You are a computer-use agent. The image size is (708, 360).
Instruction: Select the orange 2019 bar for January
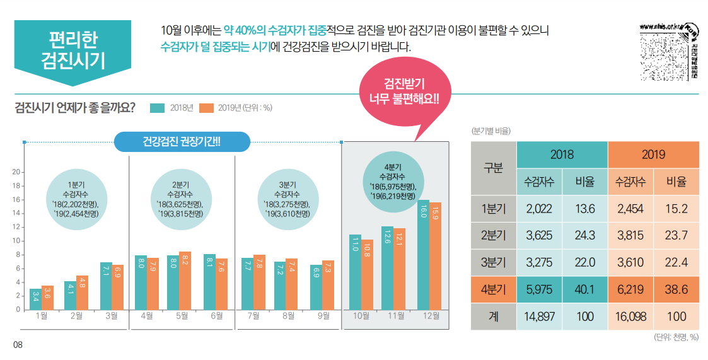[x=47, y=298]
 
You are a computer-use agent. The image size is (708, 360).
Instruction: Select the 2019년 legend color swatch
[x=206, y=107]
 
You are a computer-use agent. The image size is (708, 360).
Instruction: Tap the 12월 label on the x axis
[x=431, y=316]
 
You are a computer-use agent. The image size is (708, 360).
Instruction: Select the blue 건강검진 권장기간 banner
[x=182, y=142]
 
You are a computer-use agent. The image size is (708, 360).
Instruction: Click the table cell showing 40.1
[x=584, y=289]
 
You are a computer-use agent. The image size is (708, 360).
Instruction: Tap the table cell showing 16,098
[x=630, y=316]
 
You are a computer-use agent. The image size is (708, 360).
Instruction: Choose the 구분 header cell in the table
[x=494, y=168]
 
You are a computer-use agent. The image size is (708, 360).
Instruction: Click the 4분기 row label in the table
[x=494, y=289]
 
